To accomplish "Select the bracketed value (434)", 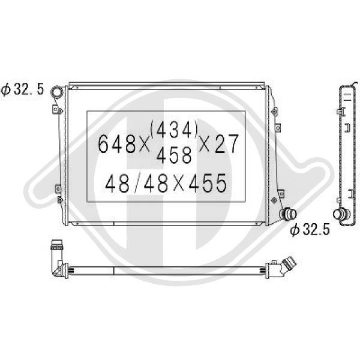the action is click(174, 130).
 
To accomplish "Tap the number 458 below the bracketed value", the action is click(174, 155).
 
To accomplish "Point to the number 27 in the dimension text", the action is click(227, 144).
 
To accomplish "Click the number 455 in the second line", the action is click(208, 183).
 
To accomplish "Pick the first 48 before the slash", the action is click(118, 183).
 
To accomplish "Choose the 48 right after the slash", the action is click(155, 183).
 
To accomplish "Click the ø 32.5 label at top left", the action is click(22, 89).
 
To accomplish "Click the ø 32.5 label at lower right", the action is click(310, 229).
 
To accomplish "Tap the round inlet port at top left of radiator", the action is click(56, 92).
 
